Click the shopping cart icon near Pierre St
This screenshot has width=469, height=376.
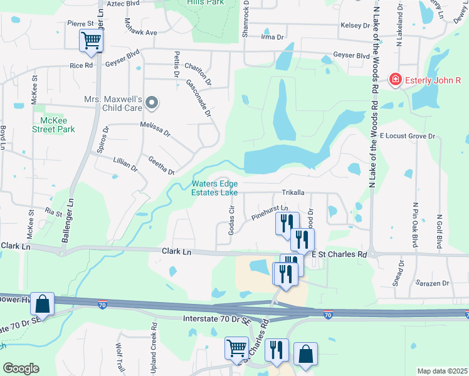click(x=91, y=41)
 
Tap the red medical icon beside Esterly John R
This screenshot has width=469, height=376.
click(x=396, y=80)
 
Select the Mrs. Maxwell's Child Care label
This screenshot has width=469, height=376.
click(x=113, y=103)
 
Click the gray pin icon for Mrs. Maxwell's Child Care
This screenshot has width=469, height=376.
click(x=151, y=102)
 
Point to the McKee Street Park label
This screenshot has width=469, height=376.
click(x=53, y=125)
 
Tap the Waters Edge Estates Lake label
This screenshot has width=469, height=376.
click(x=215, y=188)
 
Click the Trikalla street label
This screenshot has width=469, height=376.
click(x=292, y=193)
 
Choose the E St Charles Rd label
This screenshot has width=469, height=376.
click(x=339, y=254)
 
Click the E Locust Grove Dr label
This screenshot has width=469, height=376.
click(x=407, y=135)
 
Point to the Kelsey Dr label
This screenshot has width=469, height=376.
click(x=356, y=26)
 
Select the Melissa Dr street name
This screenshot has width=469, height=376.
click(x=155, y=129)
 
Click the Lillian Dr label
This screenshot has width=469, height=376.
click(x=125, y=164)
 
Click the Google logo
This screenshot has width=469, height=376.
click(x=21, y=368)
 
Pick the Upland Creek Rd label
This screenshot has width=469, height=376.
click(x=153, y=344)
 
